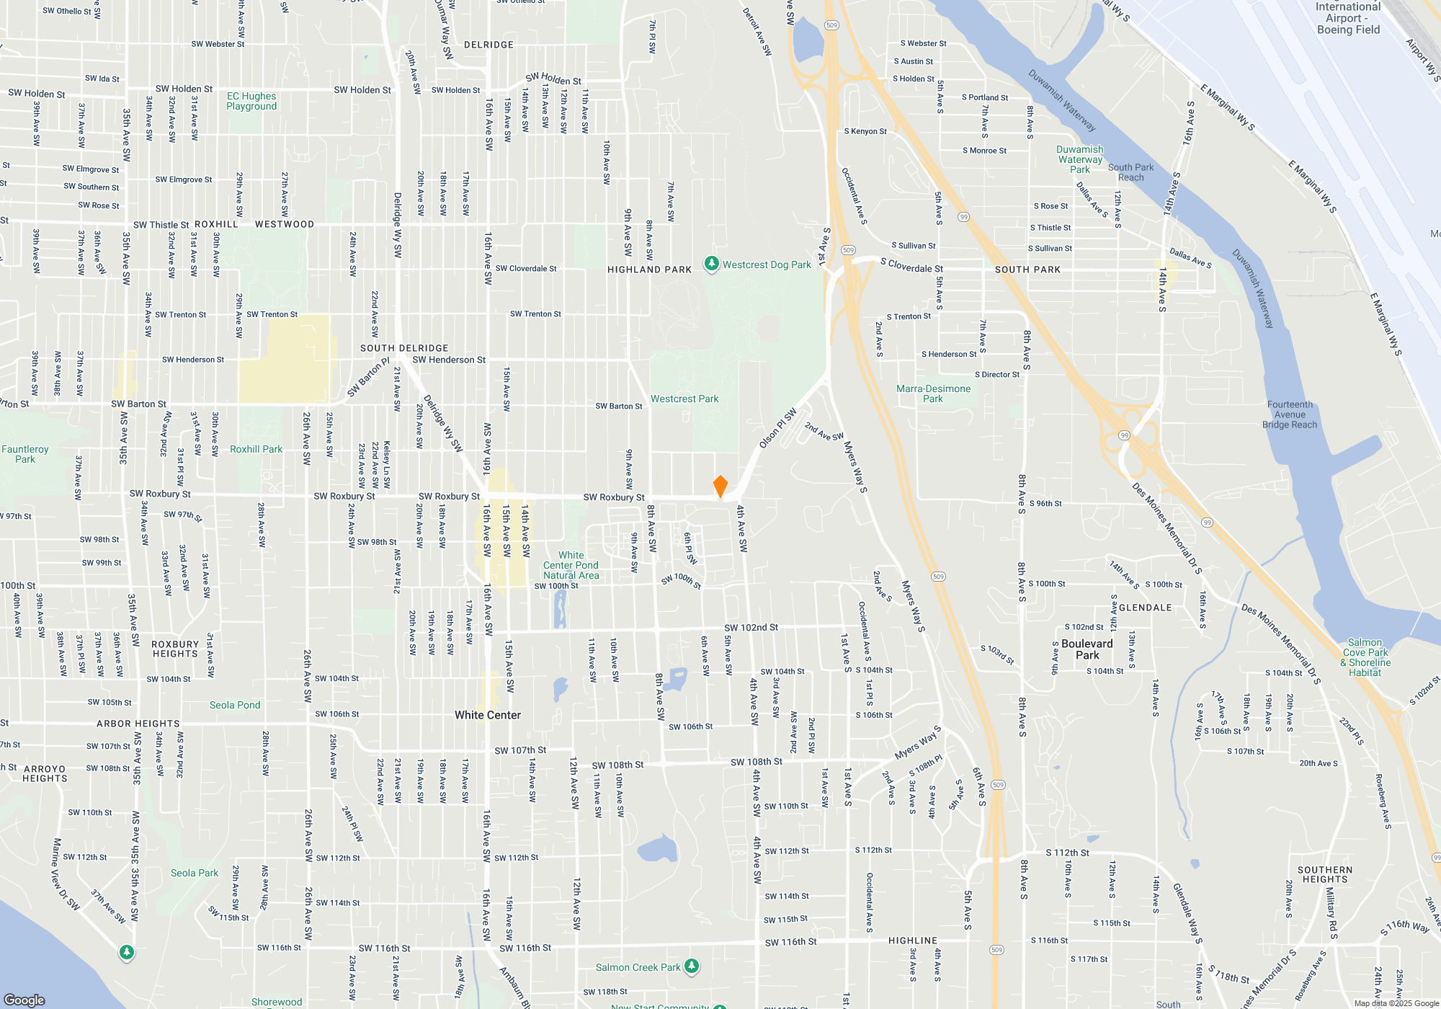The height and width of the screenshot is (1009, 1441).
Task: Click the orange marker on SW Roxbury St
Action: (x=720, y=486)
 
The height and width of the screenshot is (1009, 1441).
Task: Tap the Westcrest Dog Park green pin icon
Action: (x=711, y=265)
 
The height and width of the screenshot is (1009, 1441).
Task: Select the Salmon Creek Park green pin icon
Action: (x=692, y=966)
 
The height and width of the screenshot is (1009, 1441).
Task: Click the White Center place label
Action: (x=488, y=715)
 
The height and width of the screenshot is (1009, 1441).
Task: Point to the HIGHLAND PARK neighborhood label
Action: (x=649, y=270)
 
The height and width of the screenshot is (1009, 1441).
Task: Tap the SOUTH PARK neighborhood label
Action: (x=1027, y=270)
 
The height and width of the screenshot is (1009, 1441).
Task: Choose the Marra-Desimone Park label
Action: (x=933, y=394)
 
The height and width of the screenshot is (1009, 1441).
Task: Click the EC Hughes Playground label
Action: (x=251, y=101)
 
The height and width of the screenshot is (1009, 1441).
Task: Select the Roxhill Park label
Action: (x=256, y=449)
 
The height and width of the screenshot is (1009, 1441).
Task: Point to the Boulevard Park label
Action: (x=1087, y=649)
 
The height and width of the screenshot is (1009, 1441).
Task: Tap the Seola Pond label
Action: (x=235, y=705)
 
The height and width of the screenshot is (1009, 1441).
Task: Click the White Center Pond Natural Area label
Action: (x=571, y=565)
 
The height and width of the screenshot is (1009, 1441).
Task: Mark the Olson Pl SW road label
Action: (x=778, y=428)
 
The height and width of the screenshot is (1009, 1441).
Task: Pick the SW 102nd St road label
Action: (x=751, y=628)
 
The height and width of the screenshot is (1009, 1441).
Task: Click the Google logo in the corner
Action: (x=24, y=1000)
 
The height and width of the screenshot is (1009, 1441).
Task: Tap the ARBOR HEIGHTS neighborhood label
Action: (x=138, y=724)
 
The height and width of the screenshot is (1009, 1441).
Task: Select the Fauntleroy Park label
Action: (x=25, y=454)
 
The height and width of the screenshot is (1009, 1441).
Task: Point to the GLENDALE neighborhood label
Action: (x=1146, y=608)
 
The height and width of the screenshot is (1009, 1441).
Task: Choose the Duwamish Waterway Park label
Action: (x=1079, y=159)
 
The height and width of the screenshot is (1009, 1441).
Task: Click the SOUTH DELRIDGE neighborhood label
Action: (x=404, y=348)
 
